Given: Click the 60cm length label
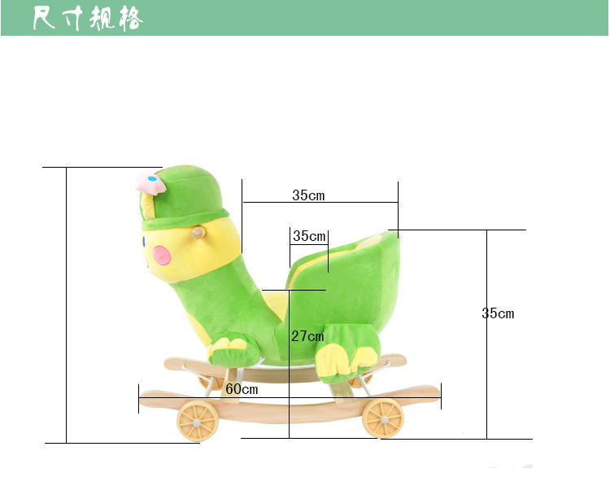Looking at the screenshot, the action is coord(242,389).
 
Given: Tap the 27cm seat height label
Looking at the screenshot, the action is coord(307,336).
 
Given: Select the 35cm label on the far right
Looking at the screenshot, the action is coord(498,313).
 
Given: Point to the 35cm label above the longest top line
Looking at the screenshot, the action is coord(308,195).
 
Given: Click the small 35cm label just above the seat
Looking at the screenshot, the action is coord(309,236).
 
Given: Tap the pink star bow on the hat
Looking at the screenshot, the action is coord(150,184).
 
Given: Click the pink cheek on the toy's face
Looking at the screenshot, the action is coord(163,256).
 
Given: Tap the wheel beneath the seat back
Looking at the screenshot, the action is coord(383,418).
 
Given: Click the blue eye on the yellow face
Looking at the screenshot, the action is coord(144,241).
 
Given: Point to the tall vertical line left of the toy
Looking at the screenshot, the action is coord(66,305).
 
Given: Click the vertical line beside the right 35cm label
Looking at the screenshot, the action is coord(486,334).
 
